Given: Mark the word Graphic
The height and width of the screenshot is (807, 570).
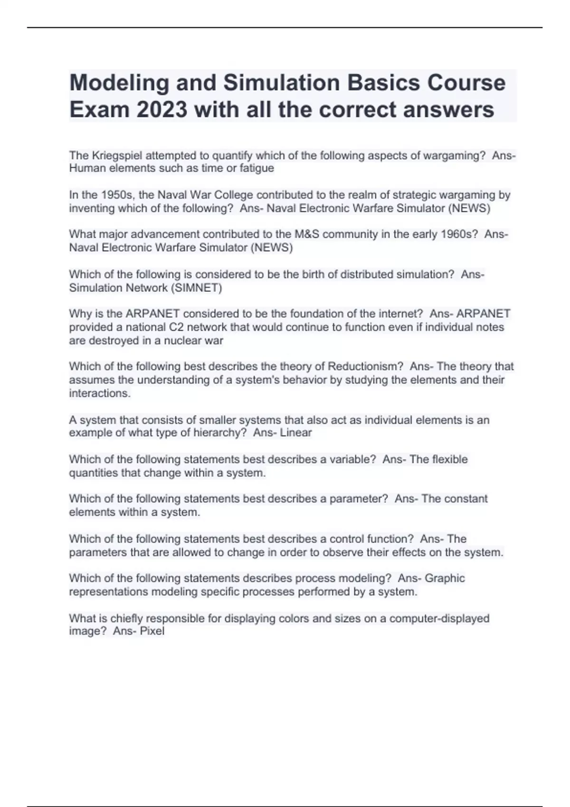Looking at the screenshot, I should (x=445, y=578).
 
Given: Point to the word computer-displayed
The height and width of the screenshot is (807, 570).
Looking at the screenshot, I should (x=439, y=619).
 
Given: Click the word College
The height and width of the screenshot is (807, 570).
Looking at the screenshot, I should (x=232, y=195).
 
